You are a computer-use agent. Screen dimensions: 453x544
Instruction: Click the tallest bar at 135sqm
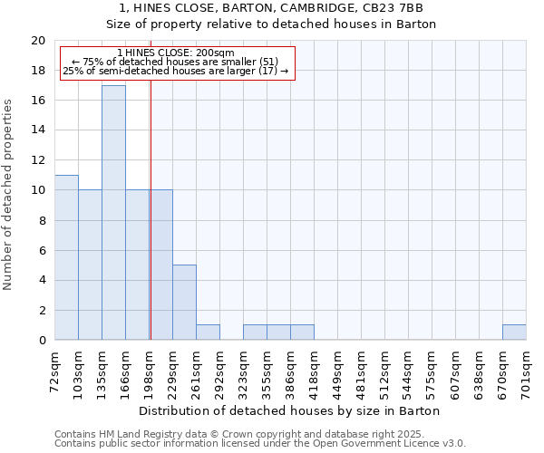click(113, 213)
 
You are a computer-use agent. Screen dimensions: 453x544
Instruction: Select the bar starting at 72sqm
click(66, 257)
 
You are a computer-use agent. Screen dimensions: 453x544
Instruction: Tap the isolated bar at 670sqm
click(514, 333)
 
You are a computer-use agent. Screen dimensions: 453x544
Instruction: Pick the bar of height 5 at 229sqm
click(184, 303)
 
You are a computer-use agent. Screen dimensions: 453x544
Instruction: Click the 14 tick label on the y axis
click(37, 130)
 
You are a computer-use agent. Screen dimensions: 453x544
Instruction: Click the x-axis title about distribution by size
click(290, 410)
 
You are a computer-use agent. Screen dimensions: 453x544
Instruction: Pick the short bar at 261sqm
click(208, 333)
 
